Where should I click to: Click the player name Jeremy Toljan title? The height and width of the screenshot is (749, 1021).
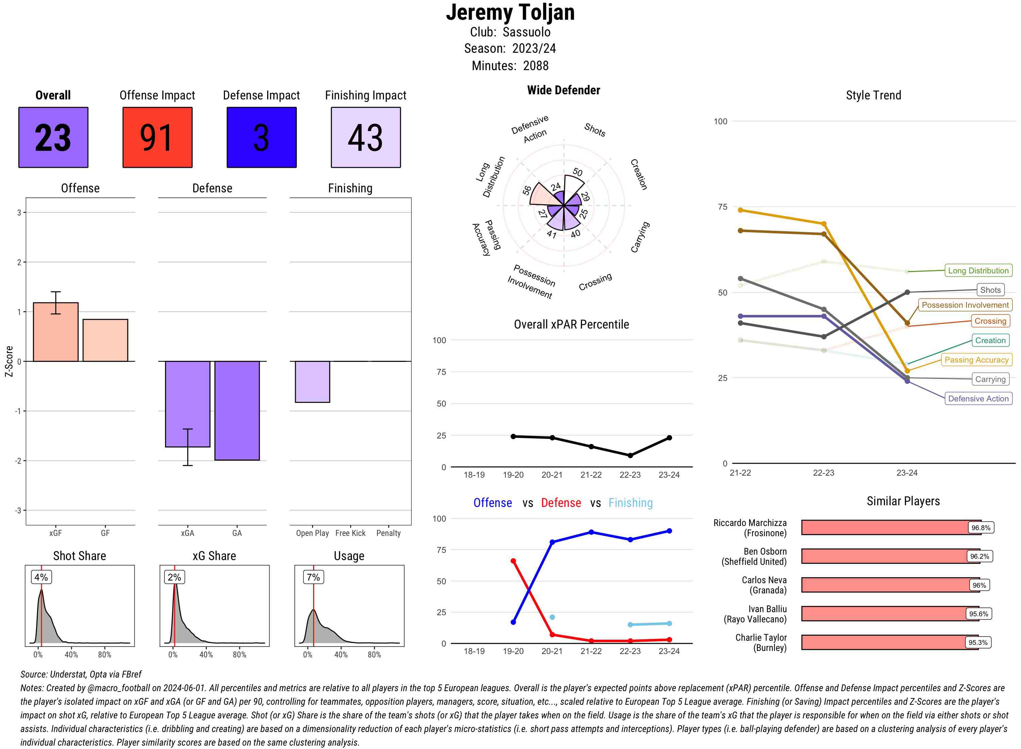coord(510,12)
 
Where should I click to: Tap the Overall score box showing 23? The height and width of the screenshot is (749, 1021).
coord(53,138)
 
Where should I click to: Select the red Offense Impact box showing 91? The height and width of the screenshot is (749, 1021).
coord(157,138)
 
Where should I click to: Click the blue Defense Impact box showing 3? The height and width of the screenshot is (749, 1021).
coord(261,138)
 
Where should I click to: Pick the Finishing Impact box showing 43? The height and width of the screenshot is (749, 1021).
coord(366,138)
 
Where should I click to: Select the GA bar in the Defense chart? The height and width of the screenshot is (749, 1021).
coord(237,410)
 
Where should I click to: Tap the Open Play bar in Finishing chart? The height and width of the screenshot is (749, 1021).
coord(312,381)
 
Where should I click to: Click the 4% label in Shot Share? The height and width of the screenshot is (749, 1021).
coord(41,577)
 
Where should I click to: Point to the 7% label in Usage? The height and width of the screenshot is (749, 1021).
coord(313,577)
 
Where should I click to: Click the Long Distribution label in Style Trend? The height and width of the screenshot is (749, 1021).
coord(978,271)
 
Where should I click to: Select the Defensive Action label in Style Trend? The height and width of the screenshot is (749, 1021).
coord(978,399)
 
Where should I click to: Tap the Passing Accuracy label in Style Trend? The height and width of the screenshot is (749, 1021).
coord(976,360)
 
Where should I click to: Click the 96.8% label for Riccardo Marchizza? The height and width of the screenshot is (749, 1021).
coord(981,528)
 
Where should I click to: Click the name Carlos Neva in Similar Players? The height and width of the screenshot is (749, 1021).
coord(764,580)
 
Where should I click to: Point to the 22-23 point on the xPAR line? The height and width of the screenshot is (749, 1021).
coord(630,455)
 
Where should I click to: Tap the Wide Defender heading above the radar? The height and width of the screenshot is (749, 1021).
coord(563,90)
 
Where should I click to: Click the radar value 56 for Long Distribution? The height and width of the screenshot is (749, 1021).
coord(526,190)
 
